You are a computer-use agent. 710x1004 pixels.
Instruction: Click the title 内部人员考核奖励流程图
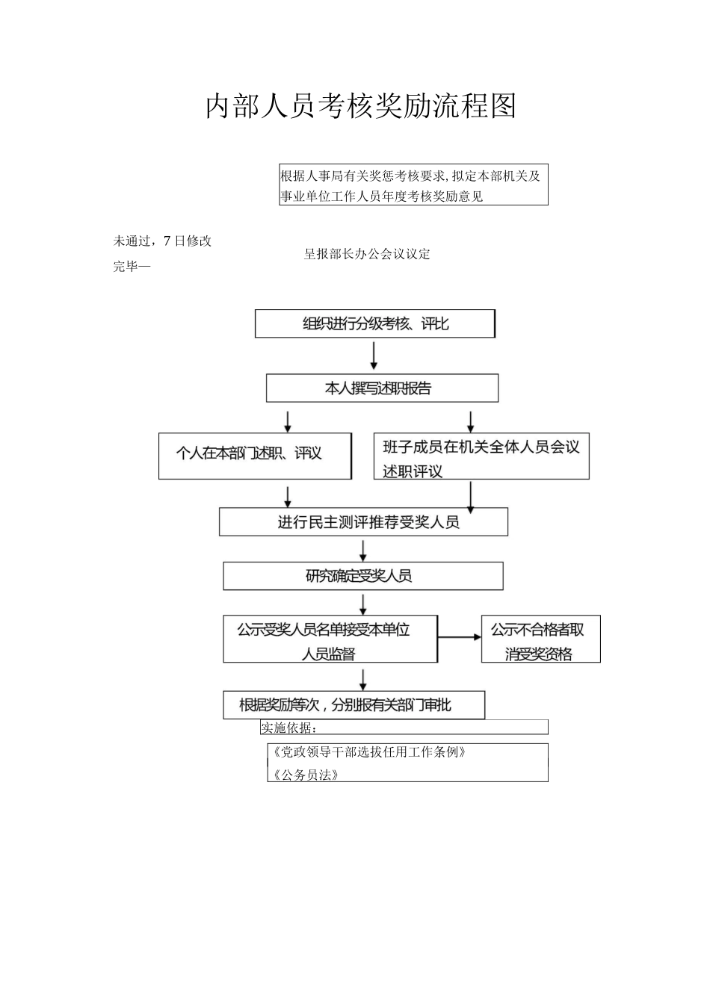[x=360, y=107]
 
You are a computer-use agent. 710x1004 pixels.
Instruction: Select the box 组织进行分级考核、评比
[x=374, y=324]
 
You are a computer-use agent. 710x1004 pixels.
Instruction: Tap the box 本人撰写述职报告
[x=382, y=388]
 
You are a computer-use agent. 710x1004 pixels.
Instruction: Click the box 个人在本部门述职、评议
[x=255, y=454]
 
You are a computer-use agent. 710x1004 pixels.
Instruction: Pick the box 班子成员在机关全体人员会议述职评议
[x=481, y=457]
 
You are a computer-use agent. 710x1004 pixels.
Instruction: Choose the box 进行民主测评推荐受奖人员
[x=363, y=522]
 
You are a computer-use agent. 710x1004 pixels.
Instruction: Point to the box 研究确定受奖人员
[x=362, y=576]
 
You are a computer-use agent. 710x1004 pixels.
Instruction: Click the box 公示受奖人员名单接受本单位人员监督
[x=330, y=640]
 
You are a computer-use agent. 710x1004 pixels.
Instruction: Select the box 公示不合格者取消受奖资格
[x=540, y=640]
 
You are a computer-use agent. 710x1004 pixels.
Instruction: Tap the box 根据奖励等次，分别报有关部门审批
[x=354, y=705]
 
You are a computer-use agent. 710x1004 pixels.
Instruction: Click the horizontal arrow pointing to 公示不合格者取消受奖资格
[x=460, y=637]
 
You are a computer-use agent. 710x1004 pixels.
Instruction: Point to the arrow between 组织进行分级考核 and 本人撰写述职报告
[x=374, y=356]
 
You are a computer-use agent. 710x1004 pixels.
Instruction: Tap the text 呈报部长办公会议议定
[x=367, y=254]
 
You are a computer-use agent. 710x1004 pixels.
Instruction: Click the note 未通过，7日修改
[x=163, y=241]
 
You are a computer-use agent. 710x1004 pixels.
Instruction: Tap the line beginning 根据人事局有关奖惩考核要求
[x=410, y=176]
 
